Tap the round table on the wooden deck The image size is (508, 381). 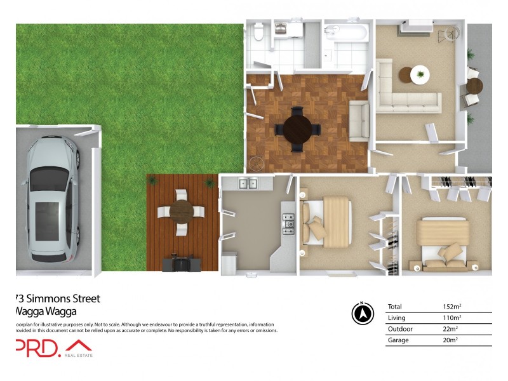click(182, 210)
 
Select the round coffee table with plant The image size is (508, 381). click(418, 75)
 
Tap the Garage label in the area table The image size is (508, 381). click(398, 340)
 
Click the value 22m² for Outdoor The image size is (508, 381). click(450, 329)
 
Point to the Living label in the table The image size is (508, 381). click(396, 317)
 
